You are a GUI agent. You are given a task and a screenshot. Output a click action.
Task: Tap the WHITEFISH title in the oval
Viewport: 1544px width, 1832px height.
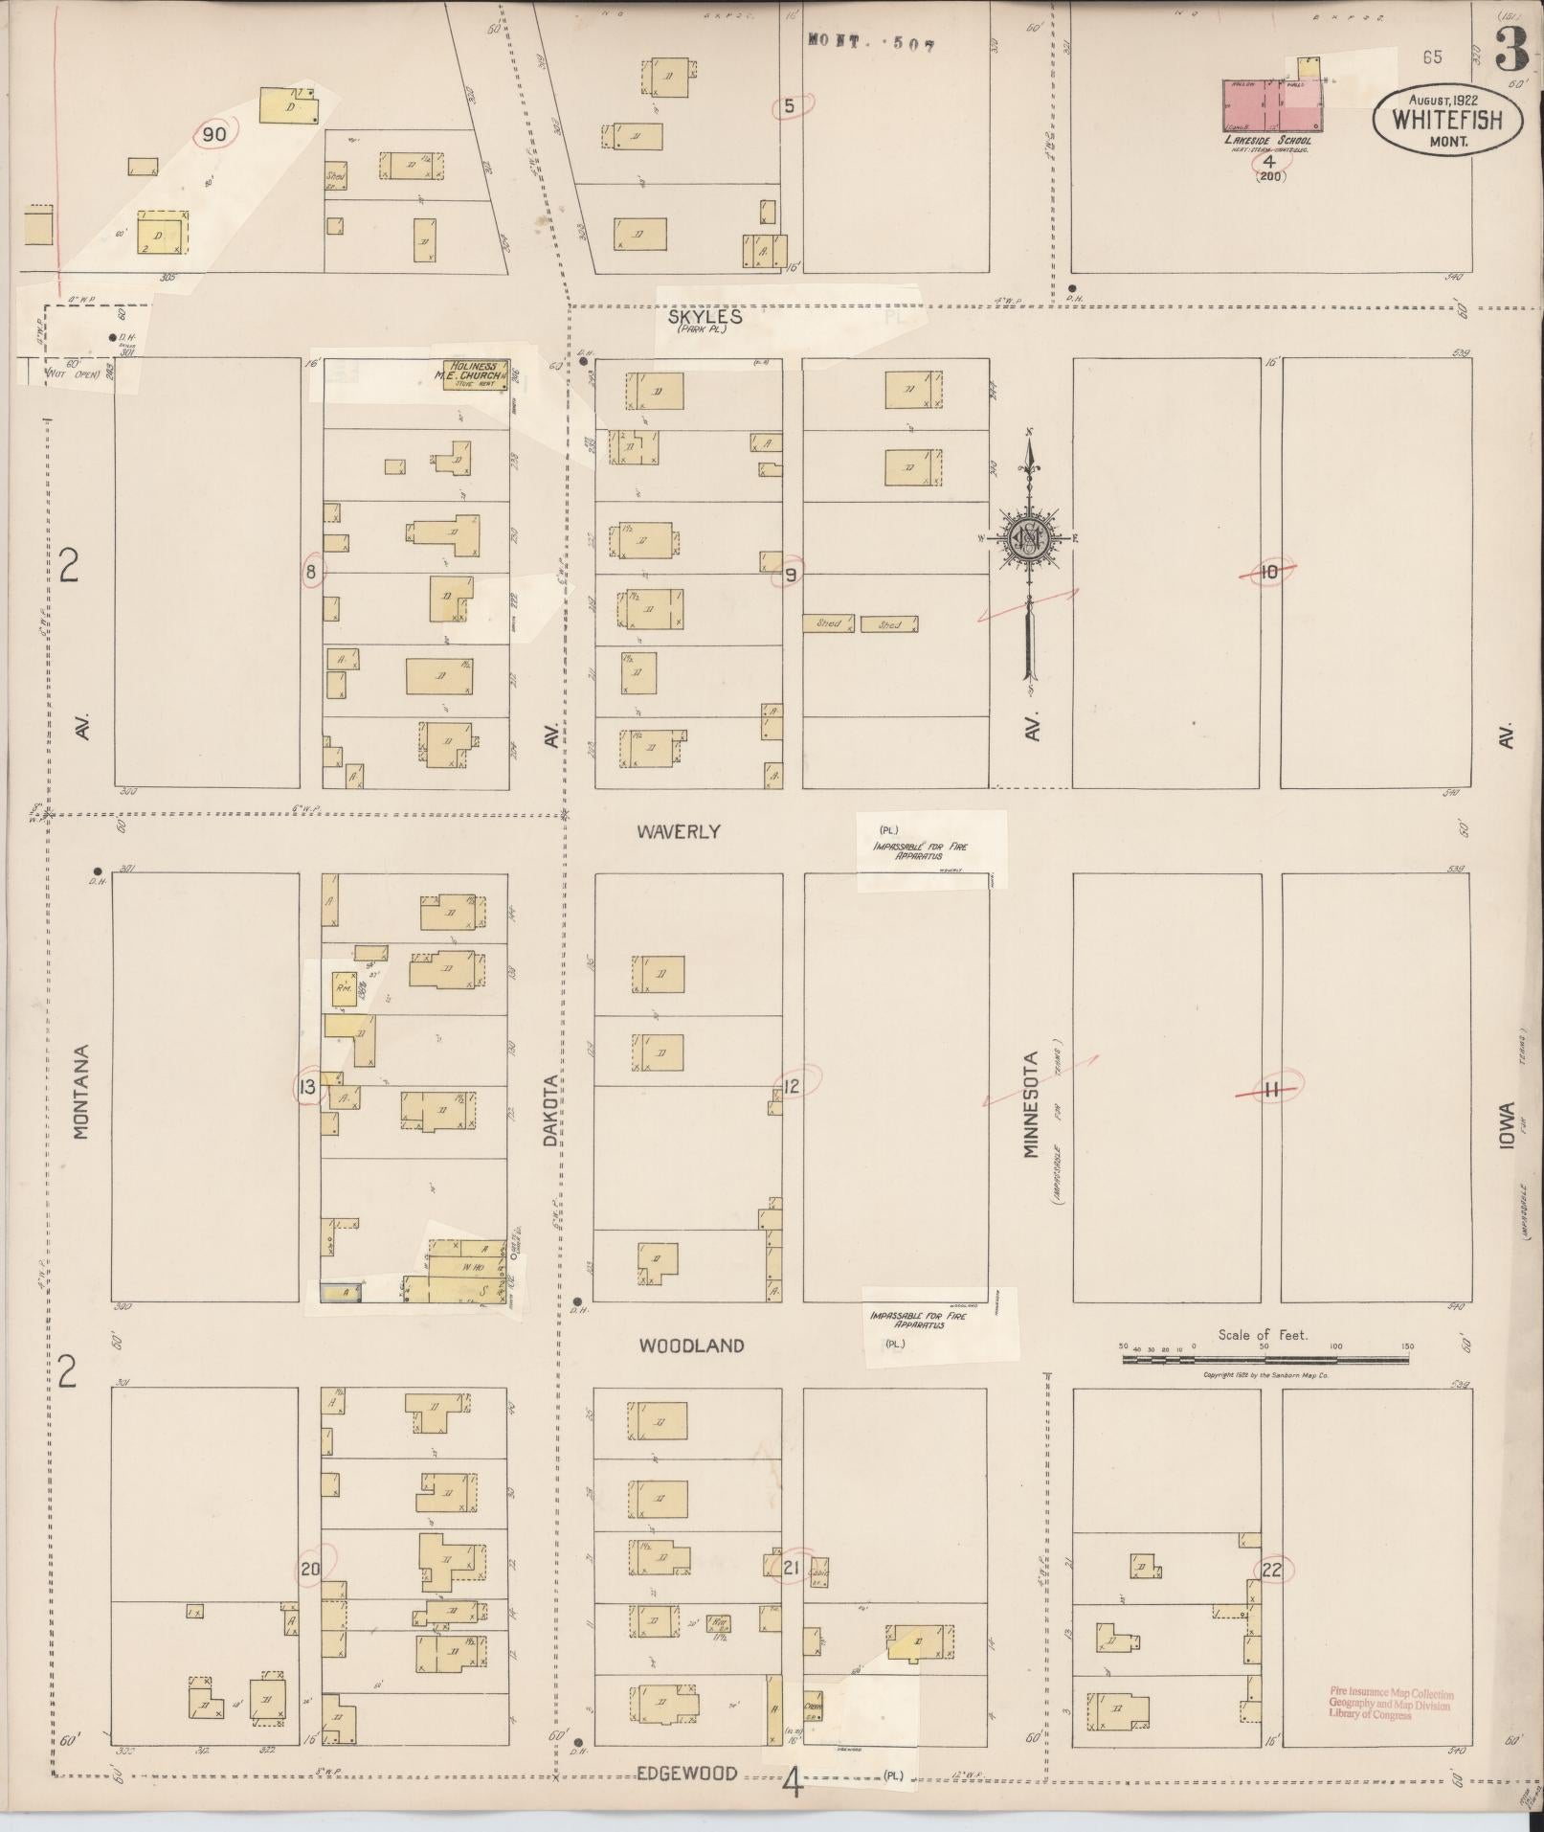pyautogui.click(x=1446, y=121)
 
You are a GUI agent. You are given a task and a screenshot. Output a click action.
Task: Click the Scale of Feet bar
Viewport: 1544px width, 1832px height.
pyautogui.click(x=1263, y=1358)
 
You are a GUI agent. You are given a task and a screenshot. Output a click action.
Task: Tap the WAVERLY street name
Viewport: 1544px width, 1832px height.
pyautogui.click(x=678, y=831)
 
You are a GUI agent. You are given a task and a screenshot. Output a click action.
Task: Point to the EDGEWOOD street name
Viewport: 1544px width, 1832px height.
pyautogui.click(x=687, y=1774)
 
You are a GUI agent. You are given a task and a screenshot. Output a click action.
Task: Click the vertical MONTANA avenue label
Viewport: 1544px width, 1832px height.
pyautogui.click(x=81, y=1091)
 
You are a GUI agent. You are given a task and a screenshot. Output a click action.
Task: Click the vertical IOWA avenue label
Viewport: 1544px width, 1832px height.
pyautogui.click(x=1507, y=1125)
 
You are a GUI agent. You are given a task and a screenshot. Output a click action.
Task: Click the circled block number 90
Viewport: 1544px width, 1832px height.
pyautogui.click(x=213, y=134)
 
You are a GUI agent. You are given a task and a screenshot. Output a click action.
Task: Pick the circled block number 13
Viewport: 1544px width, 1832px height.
pyautogui.click(x=307, y=1086)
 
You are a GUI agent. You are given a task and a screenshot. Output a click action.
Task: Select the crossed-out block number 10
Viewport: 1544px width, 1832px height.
pyautogui.click(x=1268, y=573)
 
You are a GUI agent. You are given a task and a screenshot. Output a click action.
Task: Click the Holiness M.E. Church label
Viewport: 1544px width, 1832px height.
pyautogui.click(x=474, y=373)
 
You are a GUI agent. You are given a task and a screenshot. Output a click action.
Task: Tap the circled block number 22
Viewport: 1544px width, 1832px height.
pyautogui.click(x=1272, y=1570)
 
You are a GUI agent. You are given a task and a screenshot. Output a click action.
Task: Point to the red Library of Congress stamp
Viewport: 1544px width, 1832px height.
pyautogui.click(x=1389, y=1705)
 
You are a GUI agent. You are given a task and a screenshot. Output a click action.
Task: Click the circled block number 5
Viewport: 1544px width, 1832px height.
pyautogui.click(x=790, y=106)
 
